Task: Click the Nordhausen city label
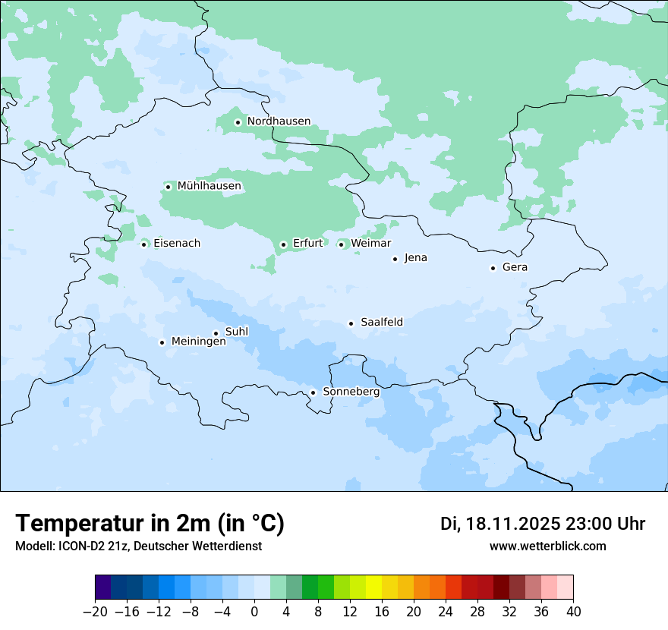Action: (279, 121)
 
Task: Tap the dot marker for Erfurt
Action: (283, 244)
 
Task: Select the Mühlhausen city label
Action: (210, 186)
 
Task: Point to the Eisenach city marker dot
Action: (143, 244)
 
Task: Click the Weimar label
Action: (371, 243)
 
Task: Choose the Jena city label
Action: (416, 258)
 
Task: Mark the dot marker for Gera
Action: (493, 268)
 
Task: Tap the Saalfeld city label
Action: (382, 323)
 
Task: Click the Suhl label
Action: (237, 332)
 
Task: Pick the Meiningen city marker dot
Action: (162, 342)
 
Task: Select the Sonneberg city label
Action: (351, 392)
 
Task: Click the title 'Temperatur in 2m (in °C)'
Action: (150, 524)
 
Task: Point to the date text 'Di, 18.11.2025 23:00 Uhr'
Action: (543, 524)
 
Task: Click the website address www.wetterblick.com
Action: (547, 546)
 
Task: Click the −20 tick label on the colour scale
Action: (95, 612)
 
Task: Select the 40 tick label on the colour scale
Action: (573, 612)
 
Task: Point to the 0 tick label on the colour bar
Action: (254, 612)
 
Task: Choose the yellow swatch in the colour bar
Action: (373, 587)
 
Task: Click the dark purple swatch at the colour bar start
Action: (103, 587)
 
